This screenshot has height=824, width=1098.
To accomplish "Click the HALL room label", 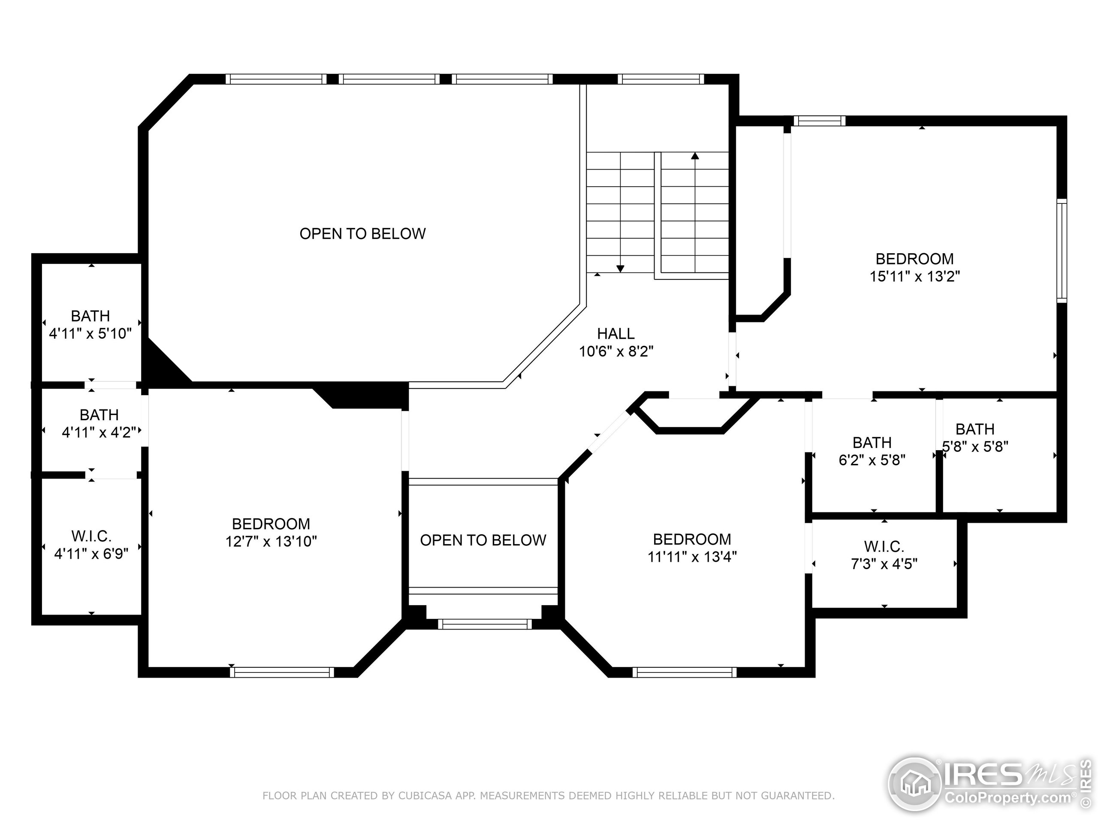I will (615, 333).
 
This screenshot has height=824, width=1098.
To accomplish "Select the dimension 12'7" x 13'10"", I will (271, 541).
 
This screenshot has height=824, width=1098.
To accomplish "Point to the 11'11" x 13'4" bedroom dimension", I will (692, 556).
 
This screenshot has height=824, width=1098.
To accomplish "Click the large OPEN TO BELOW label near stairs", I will (362, 233).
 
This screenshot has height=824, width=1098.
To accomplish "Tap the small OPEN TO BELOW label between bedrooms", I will (483, 540).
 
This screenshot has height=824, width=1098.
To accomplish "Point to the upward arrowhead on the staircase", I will (695, 156).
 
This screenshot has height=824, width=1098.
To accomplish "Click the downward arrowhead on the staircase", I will (620, 269).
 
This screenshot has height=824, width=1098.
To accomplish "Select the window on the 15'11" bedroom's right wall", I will (1061, 250).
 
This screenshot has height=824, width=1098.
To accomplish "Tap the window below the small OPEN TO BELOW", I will (485, 624).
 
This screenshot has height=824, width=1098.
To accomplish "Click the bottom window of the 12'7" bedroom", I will (282, 672).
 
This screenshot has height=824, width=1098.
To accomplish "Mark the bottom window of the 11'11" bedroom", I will (685, 672).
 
